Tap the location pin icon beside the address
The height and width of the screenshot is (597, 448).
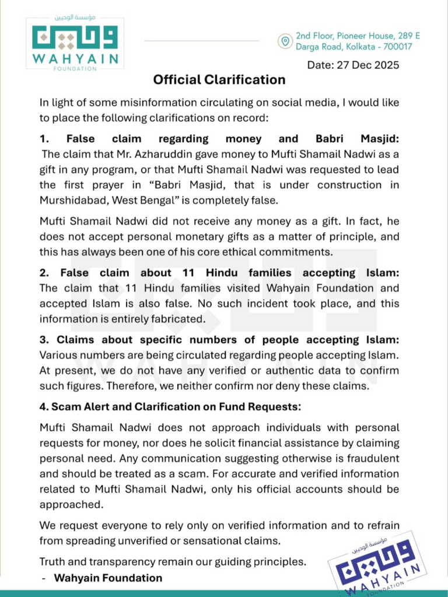click(x=285, y=41)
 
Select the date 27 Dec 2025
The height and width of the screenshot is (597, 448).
click(x=368, y=65)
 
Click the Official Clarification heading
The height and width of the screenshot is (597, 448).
click(x=219, y=79)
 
